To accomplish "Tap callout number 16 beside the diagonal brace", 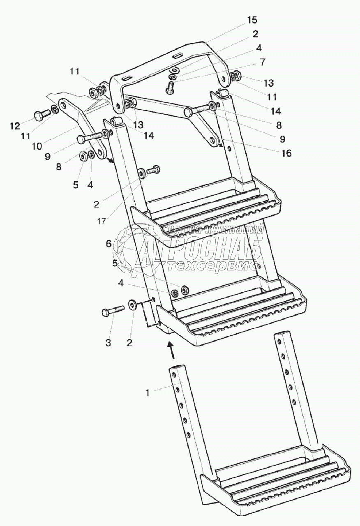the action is coord(286,153).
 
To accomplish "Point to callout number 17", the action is coord(102,221).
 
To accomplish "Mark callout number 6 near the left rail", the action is coord(108,243).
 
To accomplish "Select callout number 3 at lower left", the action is coord(108,343).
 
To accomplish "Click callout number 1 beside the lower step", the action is coord(147,392).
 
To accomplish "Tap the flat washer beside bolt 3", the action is coord(133,305).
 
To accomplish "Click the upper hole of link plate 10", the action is coord(63,106).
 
